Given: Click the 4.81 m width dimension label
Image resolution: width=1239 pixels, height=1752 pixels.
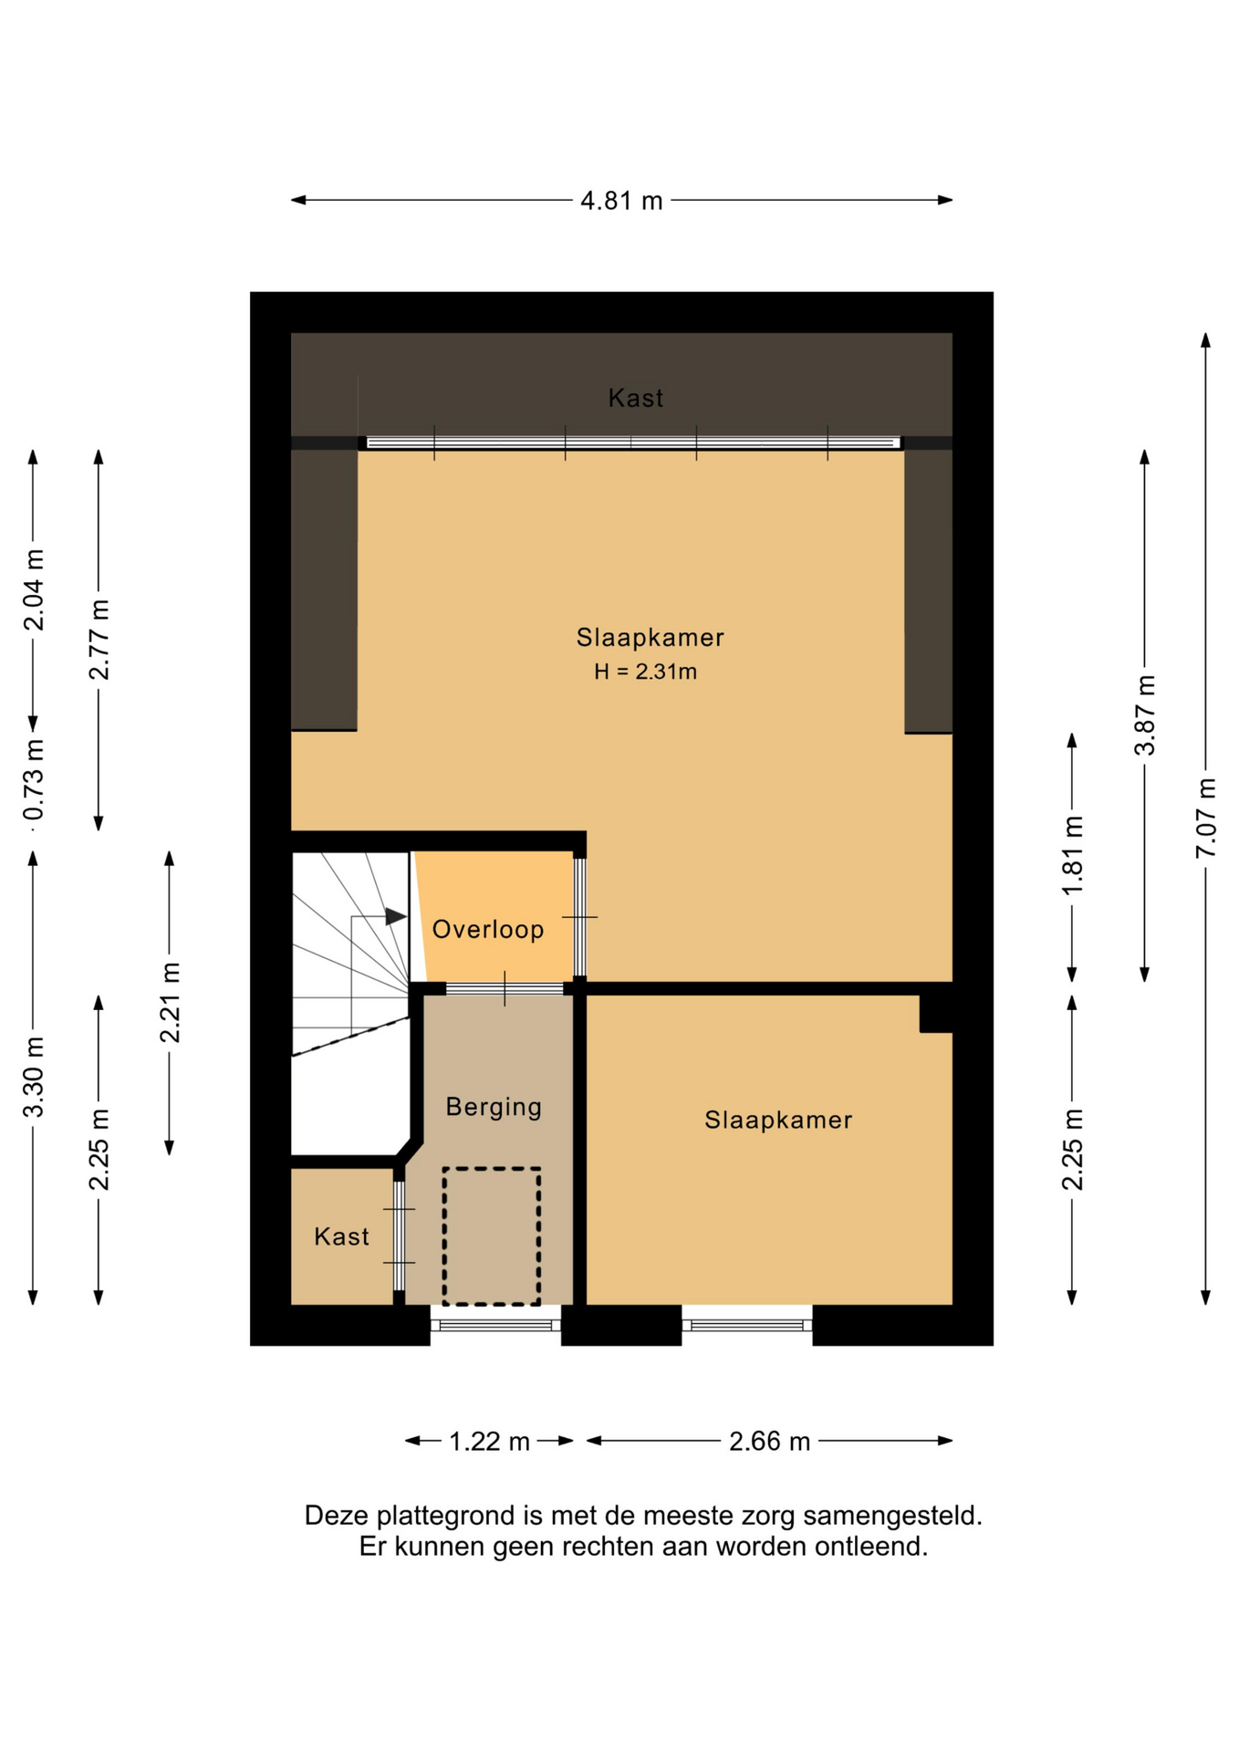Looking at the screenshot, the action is (x=621, y=201).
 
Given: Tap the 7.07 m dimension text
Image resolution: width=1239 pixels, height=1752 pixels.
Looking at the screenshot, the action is (x=1206, y=818).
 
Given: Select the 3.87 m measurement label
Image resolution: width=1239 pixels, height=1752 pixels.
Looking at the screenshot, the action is (x=1145, y=715).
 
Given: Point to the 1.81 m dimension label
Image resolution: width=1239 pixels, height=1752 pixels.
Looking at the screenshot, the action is (x=1073, y=855).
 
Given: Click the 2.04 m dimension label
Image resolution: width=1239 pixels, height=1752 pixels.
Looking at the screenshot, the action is (x=34, y=590).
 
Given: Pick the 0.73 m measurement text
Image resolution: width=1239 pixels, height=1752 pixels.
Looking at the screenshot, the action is (x=34, y=780).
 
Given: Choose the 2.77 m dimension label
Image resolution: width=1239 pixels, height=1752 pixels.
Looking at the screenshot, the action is (x=99, y=640).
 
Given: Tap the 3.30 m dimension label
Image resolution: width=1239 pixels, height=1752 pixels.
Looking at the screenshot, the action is (x=34, y=1078).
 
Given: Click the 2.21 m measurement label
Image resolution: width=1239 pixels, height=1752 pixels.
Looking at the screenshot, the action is (x=170, y=1002).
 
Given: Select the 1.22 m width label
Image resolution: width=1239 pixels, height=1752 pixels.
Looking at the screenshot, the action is (x=489, y=1442).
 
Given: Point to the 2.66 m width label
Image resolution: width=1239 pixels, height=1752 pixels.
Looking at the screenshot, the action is (x=769, y=1442).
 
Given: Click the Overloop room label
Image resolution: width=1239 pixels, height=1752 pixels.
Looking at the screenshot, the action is (x=488, y=930).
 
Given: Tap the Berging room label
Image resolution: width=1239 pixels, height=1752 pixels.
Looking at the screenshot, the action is (x=494, y=1108).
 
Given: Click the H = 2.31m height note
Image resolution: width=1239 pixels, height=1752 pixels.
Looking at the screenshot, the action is (x=646, y=673).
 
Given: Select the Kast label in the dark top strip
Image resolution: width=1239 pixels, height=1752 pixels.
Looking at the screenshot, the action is (x=636, y=398).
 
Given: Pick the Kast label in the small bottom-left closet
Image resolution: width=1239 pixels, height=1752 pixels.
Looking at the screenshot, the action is (x=341, y=1236).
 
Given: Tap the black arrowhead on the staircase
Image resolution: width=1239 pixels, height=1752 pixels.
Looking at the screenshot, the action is (x=396, y=917).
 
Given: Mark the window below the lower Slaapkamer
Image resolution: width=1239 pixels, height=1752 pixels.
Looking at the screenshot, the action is (x=747, y=1325).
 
